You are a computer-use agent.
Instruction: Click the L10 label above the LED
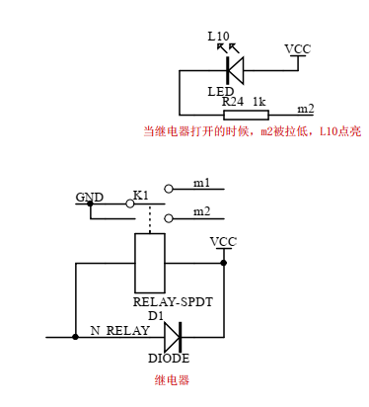tap(218, 37)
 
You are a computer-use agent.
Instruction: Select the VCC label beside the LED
tap(296, 48)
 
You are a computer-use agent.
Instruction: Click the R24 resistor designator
tap(232, 102)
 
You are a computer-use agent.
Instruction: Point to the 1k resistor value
tap(259, 102)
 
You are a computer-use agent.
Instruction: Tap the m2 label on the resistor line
tap(306, 109)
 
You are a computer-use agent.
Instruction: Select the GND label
tap(89, 197)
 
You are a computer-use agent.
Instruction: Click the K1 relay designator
tap(140, 196)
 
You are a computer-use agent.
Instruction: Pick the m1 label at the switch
tap(201, 183)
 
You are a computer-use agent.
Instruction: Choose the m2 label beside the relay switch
tap(201, 211)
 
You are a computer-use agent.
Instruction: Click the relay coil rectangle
tap(149, 263)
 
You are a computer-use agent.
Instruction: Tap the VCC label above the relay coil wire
tap(223, 241)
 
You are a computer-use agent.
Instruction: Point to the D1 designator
tap(156, 315)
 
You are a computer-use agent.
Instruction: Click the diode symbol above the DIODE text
tap(173, 337)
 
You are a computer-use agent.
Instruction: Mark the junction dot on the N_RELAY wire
tap(75, 337)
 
